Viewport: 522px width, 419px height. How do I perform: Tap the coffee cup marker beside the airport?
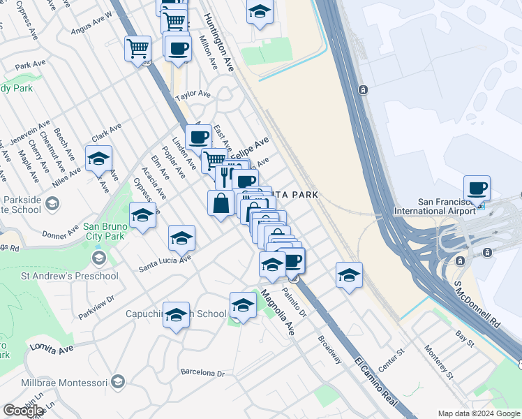coord(477,189)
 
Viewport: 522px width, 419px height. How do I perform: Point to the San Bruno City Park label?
coord(105,232)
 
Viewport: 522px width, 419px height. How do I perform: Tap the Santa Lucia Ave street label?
coord(165,263)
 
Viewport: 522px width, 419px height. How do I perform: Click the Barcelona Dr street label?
coord(202,373)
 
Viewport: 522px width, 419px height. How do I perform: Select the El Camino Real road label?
coord(376,383)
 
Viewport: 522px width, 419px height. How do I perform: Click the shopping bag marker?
coord(221,203)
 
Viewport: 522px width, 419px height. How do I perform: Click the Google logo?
coord(23,411)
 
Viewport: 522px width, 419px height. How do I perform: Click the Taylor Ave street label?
coord(193,94)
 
